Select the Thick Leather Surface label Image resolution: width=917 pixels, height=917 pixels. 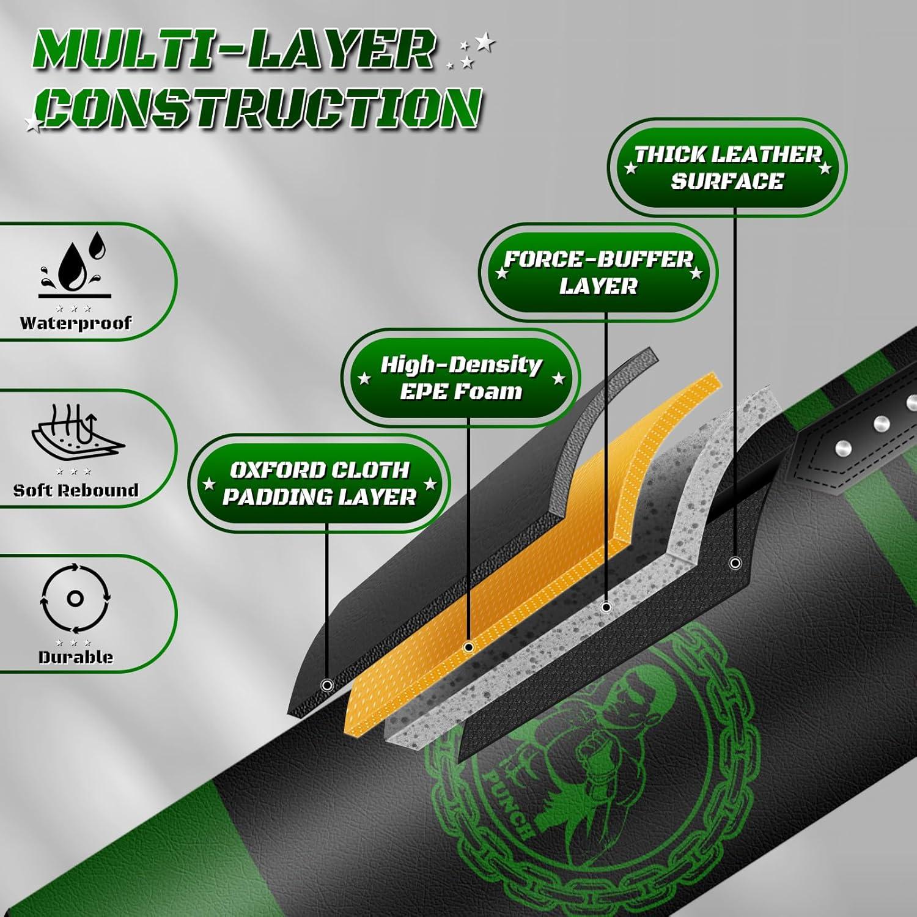click(x=727, y=168)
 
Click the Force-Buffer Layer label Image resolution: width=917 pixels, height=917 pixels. click(x=598, y=273)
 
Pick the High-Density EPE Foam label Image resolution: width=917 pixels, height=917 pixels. click(x=461, y=378)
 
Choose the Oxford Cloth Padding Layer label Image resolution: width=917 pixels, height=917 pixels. click(x=319, y=483)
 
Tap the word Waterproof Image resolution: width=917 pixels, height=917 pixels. click(x=75, y=323)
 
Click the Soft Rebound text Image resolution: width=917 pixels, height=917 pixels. click(x=76, y=490)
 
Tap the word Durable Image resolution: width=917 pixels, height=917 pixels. click(x=75, y=657)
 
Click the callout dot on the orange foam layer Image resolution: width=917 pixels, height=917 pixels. click(x=469, y=647)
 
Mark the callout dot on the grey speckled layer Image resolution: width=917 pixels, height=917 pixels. click(x=606, y=607)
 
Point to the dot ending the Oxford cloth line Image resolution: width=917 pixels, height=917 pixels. click(x=326, y=685)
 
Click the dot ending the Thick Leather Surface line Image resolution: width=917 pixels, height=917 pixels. click(x=735, y=562)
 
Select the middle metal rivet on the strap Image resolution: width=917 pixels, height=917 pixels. click(x=881, y=423)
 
